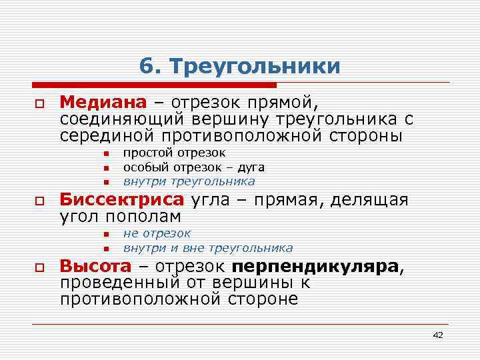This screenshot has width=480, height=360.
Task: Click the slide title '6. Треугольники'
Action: [x=240, y=66]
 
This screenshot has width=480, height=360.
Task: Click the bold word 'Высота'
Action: [x=95, y=266]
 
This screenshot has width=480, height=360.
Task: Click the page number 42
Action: [x=437, y=335]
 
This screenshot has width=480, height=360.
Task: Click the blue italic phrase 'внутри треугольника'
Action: [x=189, y=181]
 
